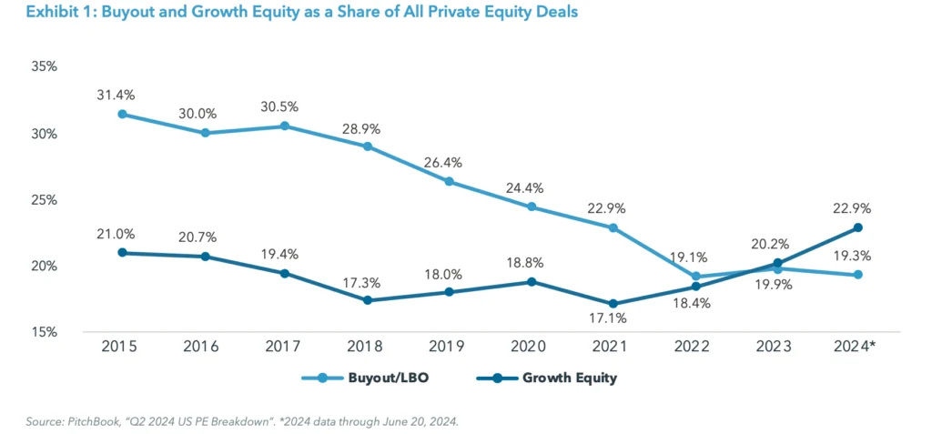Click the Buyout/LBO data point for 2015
(122, 115)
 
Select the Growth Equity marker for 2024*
(857, 227)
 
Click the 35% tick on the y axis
(43, 67)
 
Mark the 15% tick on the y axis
(43, 332)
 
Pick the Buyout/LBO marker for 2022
(695, 277)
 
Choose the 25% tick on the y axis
(43, 199)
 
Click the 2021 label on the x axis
(612, 346)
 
